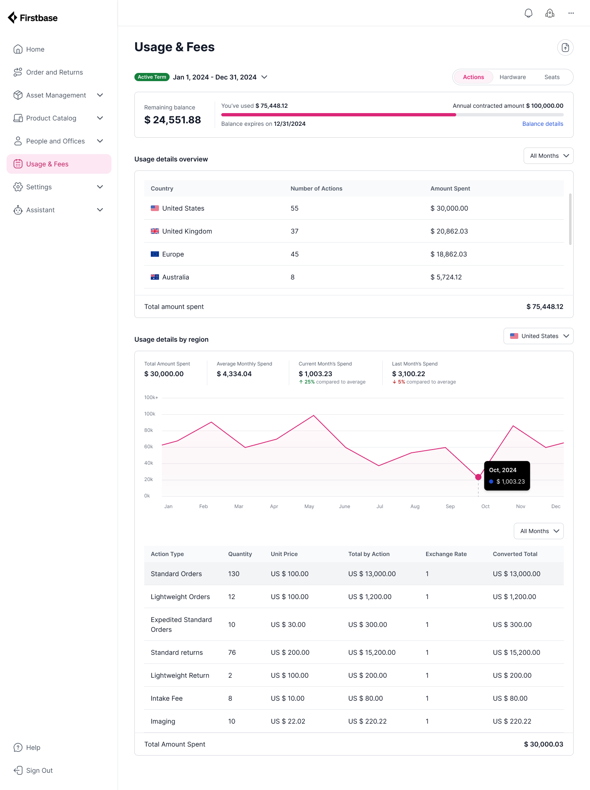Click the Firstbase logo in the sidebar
click(x=33, y=18)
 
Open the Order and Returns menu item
click(x=54, y=72)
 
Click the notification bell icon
click(x=529, y=13)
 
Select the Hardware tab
click(x=513, y=77)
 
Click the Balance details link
click(x=542, y=124)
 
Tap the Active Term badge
click(x=152, y=77)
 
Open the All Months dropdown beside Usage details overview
click(x=548, y=156)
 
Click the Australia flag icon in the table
click(x=155, y=277)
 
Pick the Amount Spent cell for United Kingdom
click(x=449, y=231)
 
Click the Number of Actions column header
click(x=316, y=188)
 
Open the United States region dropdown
click(x=538, y=336)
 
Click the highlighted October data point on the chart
click(x=478, y=477)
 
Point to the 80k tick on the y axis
click(x=149, y=430)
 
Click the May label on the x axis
click(x=309, y=506)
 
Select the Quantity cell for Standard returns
click(x=232, y=652)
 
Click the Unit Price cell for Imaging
click(x=288, y=721)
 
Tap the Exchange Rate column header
click(x=446, y=554)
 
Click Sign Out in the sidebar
click(x=39, y=770)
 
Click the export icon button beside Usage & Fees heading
click(x=565, y=48)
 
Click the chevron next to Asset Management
click(x=100, y=95)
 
